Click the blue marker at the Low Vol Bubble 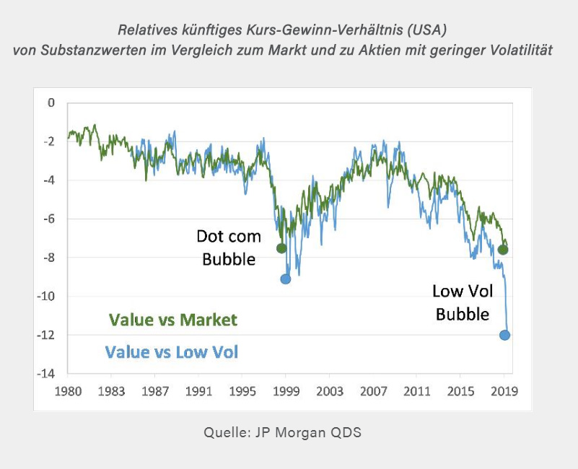(504, 335)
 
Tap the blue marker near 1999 (286, 279)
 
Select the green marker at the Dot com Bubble (281, 248)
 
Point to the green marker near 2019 (503, 250)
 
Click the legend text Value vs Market (172, 320)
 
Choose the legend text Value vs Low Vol (171, 352)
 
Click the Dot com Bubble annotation (229, 247)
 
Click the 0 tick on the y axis (51, 103)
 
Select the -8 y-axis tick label (49, 258)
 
